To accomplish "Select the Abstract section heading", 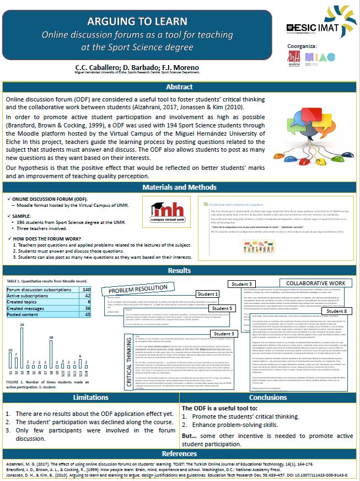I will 180,87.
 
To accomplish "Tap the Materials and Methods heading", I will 180,188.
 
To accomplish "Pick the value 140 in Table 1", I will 86,289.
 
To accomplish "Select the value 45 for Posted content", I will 87,315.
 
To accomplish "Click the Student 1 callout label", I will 207,294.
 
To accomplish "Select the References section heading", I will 180,453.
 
